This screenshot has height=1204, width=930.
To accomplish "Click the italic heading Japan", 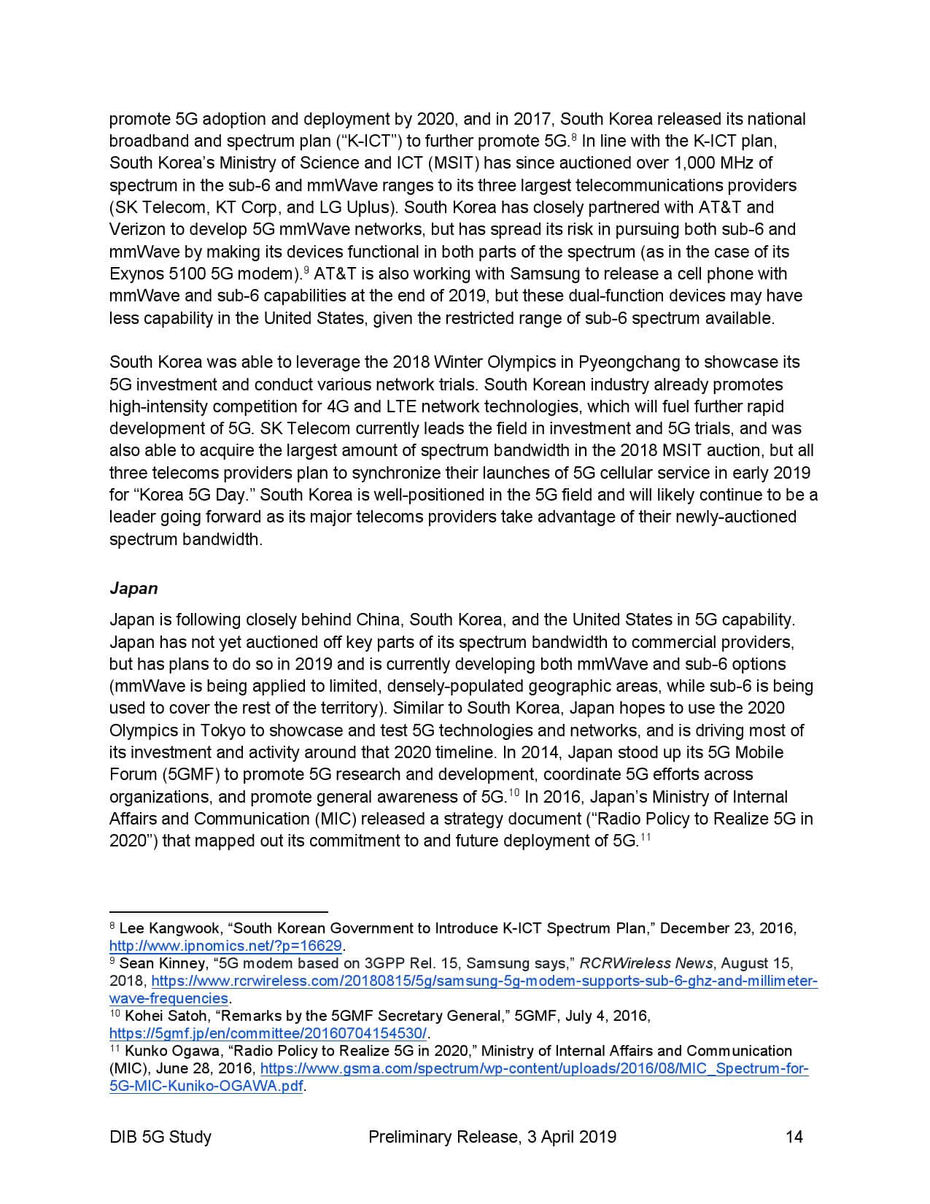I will point(133,588).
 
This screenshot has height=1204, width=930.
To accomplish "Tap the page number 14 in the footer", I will point(794,1136).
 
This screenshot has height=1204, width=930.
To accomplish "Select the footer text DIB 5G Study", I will point(160,1136).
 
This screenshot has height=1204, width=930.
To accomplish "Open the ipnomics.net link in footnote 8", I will point(225,946).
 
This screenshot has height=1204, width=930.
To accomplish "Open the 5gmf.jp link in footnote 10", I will point(268,1033).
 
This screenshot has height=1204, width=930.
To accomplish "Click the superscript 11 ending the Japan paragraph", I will point(645,837).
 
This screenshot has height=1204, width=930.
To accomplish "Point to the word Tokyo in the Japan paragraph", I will point(225,730).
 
